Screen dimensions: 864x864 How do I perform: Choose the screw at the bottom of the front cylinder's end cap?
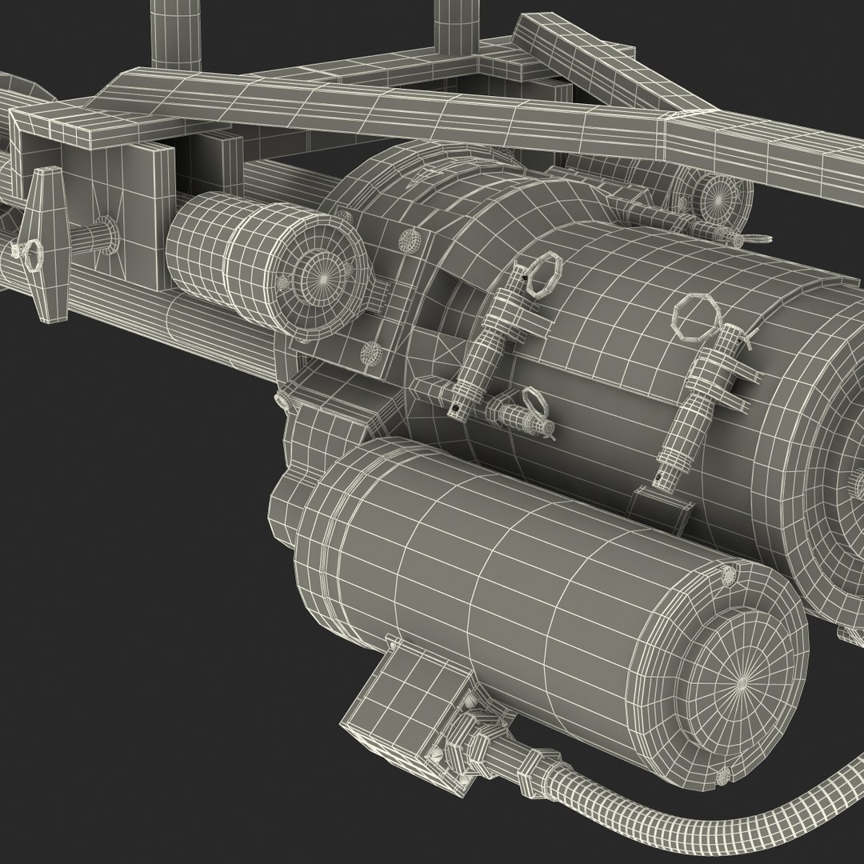coord(725,774)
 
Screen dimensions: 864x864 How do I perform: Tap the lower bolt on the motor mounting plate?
coord(370,352)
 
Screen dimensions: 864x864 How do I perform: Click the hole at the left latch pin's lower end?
coord(457,410)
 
